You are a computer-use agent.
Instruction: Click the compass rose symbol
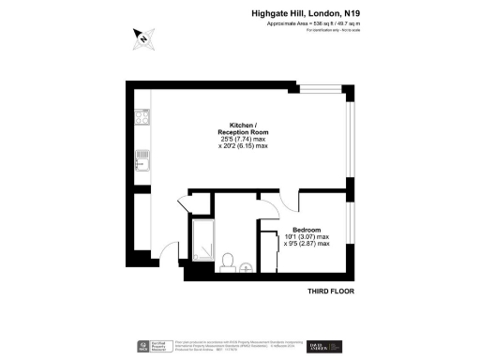pyautogui.click(x=142, y=38)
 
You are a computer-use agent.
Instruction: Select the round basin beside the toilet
pyautogui.click(x=246, y=267)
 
